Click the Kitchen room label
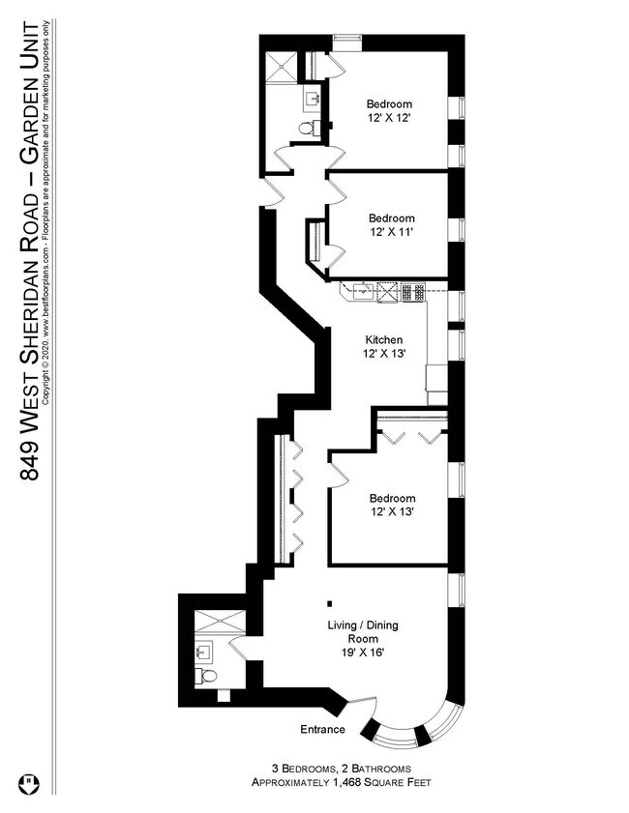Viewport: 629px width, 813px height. pos(384,340)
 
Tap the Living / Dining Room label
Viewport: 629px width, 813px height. pos(363,631)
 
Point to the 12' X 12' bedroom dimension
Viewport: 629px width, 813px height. pos(389,118)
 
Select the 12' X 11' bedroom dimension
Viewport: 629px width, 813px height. pos(391,232)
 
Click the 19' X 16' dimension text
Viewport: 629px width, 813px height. pos(363,653)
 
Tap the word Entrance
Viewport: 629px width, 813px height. pos(322,730)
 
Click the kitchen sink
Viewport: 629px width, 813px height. pos(363,291)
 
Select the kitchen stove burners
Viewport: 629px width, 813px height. pos(413,292)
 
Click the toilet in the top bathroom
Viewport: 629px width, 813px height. pos(310,128)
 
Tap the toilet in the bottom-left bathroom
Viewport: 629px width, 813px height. pos(206,676)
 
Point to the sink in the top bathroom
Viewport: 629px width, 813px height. pos(313,98)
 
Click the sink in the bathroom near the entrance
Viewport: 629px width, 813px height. pos(204,652)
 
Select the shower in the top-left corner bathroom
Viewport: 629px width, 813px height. pos(281,66)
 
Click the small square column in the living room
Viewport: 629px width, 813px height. pos(330,603)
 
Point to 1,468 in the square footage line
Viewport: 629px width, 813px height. pos(348,782)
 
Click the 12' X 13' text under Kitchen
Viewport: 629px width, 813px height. pos(384,354)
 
